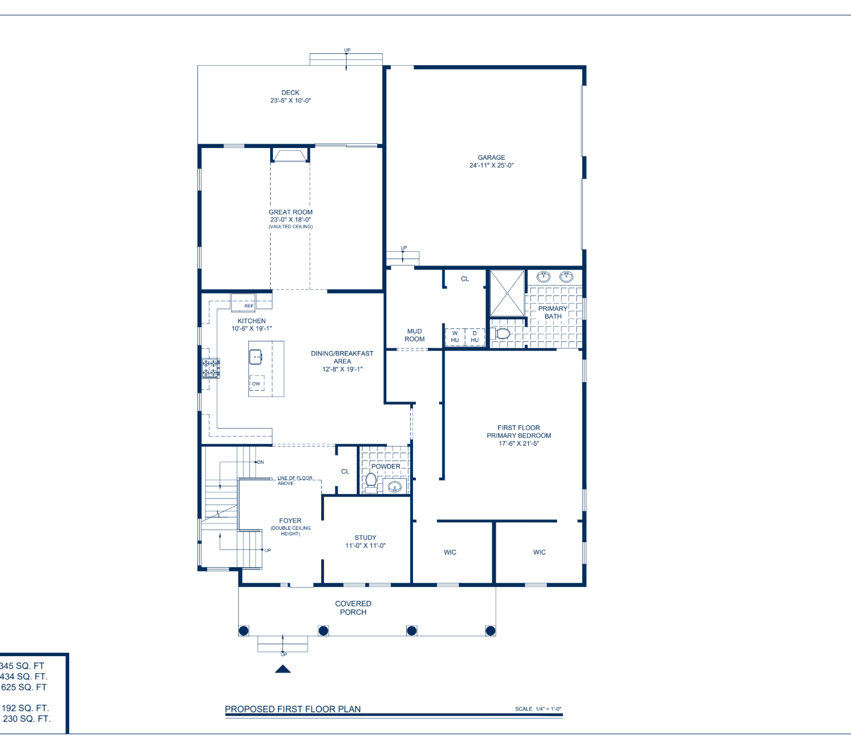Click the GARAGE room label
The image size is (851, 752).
[491, 158]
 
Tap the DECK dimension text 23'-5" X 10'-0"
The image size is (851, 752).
[290, 101]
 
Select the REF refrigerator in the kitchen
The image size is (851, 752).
[243, 303]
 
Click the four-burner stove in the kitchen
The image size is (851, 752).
[210, 368]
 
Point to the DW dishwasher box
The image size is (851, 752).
[256, 383]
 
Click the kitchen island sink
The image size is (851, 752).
[256, 357]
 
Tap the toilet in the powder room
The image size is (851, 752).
[370, 483]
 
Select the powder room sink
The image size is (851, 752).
[394, 487]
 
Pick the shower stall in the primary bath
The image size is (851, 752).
[507, 293]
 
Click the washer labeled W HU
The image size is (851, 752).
[455, 337]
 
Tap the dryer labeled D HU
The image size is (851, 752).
[475, 337]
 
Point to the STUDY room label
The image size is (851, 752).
[365, 538]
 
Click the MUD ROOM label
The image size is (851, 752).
[415, 335]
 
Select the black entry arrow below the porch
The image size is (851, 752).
[283, 669]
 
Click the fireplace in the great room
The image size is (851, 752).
[290, 155]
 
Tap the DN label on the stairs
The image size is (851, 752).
[260, 462]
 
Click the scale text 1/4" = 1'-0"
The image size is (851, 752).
[549, 709]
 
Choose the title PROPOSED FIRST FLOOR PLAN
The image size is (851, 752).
[293, 709]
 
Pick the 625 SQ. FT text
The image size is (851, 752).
[24, 687]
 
